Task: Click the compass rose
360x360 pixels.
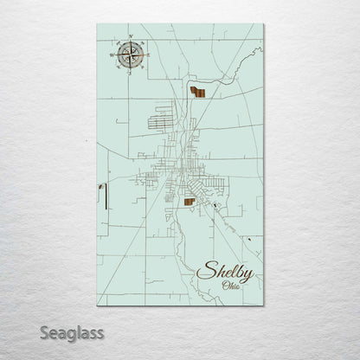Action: click(x=127, y=59)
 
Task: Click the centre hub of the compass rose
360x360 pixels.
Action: click(x=127, y=59)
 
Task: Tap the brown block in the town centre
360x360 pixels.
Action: click(x=188, y=202)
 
